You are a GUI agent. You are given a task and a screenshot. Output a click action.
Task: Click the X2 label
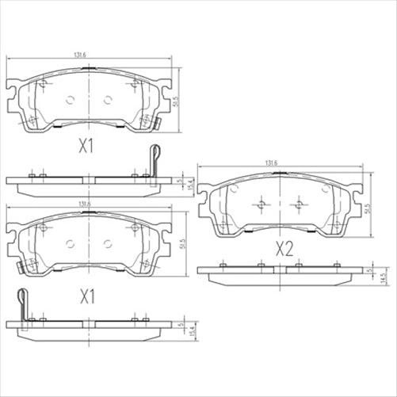(284, 249)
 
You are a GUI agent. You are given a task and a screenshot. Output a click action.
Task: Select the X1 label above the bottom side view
(86, 297)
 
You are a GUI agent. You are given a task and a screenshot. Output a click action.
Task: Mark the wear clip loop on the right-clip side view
(157, 153)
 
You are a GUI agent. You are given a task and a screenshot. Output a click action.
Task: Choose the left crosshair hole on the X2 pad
(261, 205)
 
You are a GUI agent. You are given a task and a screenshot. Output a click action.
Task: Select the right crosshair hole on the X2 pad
(296, 205)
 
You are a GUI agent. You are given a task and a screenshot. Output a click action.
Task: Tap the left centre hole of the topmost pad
(68, 100)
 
